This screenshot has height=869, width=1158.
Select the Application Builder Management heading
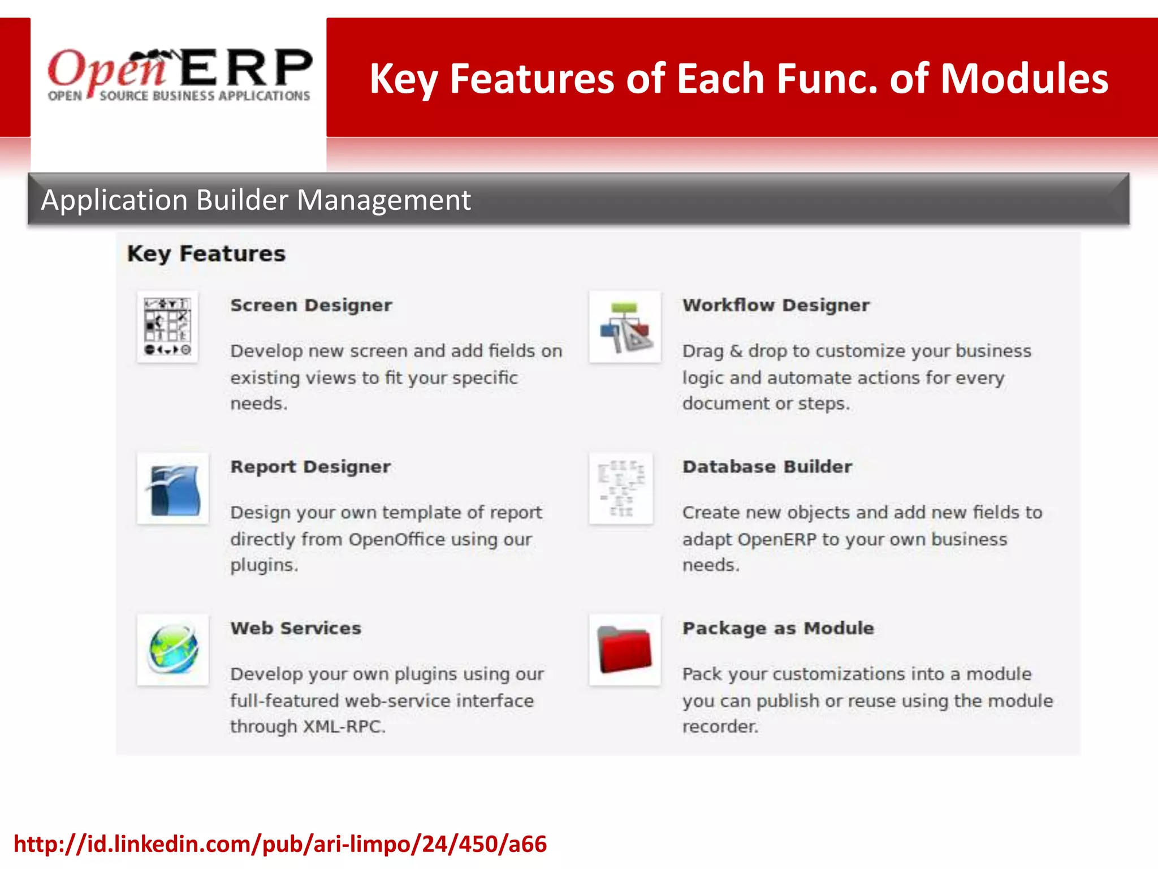256,200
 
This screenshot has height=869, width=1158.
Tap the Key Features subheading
206,254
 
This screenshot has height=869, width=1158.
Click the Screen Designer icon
167,327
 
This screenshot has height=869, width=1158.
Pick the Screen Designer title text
311,306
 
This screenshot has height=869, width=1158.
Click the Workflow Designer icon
625,327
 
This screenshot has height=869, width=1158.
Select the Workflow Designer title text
776,306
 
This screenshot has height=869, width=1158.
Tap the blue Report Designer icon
173,489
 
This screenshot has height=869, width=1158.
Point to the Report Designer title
310,467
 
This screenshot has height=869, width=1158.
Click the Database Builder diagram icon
621,489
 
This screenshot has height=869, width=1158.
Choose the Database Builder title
767,467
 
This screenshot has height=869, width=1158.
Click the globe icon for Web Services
173,649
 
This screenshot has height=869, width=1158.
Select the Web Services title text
296,629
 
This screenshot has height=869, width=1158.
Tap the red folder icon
625,649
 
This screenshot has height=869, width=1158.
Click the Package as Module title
778,629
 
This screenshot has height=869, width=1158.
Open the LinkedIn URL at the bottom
280,844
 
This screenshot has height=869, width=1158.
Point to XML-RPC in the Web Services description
344,726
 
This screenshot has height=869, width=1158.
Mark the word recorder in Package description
720,726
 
